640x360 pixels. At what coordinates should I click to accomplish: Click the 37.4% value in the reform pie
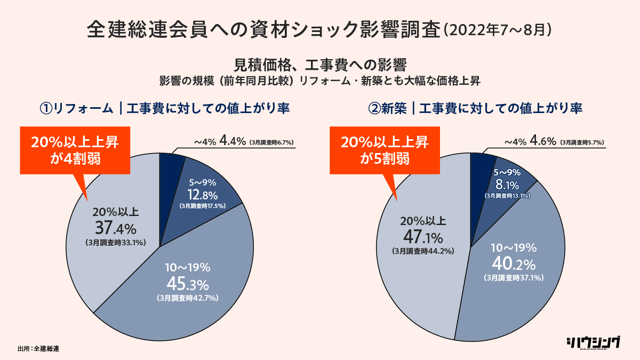point(116,229)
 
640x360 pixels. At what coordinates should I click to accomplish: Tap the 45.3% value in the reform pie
point(188,282)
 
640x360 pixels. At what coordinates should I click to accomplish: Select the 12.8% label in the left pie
point(201,195)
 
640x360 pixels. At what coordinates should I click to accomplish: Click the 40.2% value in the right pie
point(513,263)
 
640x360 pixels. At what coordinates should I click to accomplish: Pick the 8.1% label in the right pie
point(507,185)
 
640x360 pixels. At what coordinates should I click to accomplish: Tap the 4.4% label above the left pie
point(233,142)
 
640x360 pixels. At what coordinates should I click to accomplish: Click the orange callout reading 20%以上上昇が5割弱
point(384,150)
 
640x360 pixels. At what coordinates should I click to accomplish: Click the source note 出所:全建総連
point(38,349)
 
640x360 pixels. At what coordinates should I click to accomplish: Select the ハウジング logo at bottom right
point(593,342)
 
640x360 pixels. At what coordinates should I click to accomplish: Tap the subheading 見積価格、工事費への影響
point(320,65)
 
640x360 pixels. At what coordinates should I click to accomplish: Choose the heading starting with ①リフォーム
point(165,108)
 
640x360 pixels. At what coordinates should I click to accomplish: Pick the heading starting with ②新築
point(475,108)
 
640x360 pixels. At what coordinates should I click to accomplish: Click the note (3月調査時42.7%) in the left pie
point(188,298)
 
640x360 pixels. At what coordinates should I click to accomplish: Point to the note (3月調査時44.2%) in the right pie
point(422,251)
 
